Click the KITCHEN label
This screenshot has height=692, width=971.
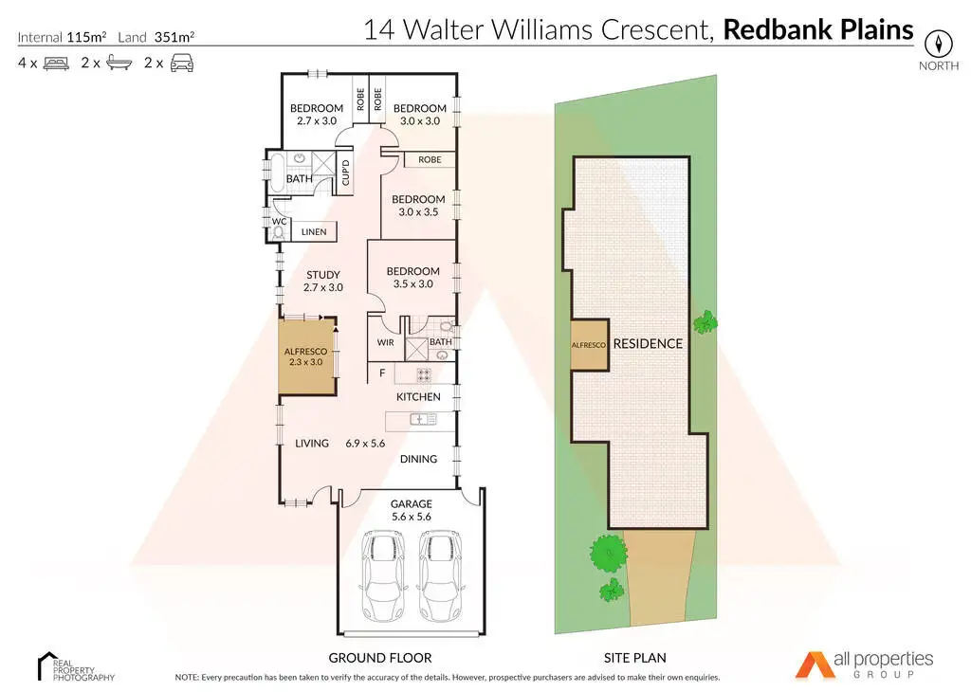(x=418, y=396)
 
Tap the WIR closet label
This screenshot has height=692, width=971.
(x=385, y=342)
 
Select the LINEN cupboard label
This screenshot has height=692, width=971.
(x=314, y=231)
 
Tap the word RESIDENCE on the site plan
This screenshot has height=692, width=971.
(x=648, y=343)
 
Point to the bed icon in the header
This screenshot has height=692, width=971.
(x=57, y=64)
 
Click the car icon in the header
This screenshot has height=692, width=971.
(x=182, y=64)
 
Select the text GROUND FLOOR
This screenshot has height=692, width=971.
(x=380, y=657)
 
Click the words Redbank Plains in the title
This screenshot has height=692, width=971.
(x=818, y=29)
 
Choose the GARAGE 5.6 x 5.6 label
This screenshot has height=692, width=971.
(x=412, y=510)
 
